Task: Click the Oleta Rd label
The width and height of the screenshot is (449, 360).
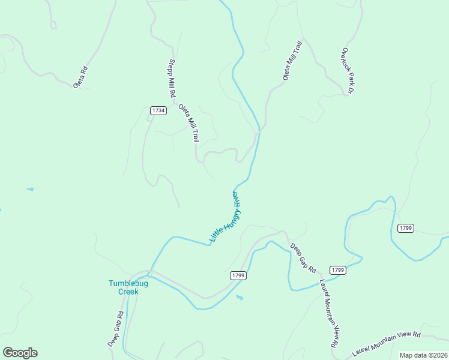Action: coord(81,77)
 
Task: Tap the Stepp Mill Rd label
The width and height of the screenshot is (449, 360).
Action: coord(172,78)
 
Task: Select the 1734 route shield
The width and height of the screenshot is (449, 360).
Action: coord(158,110)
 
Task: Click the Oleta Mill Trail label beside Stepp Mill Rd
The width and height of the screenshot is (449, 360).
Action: coord(188,123)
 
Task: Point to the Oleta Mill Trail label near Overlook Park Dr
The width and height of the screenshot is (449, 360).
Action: coord(292,60)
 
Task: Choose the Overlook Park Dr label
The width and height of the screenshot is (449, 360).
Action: coord(346,71)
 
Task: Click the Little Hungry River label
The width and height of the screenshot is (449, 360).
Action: coord(224,217)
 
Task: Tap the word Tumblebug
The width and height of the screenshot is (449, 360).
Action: coord(128,284)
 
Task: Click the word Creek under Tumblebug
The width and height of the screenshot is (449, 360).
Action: coord(128,292)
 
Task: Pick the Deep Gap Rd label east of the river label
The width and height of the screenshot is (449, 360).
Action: coord(303,258)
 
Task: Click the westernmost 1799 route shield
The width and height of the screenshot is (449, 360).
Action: coord(238,275)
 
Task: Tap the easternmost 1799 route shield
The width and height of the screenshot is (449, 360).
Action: coord(406,228)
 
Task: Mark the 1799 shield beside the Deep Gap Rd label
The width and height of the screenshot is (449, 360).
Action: coord(338,271)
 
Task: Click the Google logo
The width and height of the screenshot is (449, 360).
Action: coord(20,353)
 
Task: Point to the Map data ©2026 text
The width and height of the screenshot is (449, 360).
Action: coord(423,355)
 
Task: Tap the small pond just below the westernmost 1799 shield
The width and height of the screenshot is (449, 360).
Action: coord(240,298)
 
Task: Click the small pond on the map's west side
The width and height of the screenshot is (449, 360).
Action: coord(30,190)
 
